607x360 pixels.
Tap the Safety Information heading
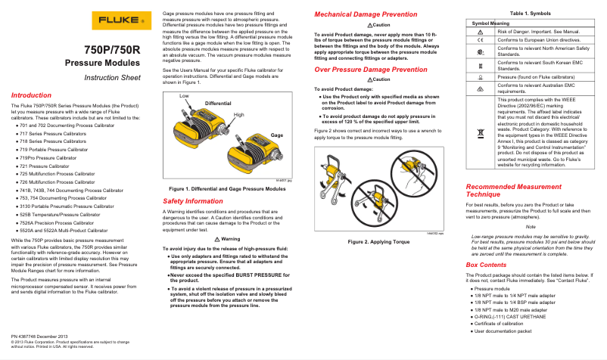coord(193,201)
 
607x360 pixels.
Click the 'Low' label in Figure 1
coord(184,97)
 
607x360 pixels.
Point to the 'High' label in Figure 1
coord(239,114)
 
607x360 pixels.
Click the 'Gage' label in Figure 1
coord(276,135)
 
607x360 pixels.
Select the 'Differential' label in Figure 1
coord(218,102)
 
